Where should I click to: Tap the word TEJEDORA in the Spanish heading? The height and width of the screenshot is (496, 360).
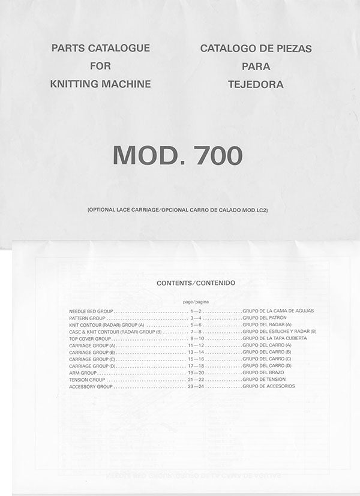256,85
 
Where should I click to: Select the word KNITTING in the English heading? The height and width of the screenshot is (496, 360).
76,85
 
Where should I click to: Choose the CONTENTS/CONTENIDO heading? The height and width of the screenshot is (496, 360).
196,282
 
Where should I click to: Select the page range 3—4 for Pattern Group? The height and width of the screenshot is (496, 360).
196,318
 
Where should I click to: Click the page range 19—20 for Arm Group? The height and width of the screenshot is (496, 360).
196,372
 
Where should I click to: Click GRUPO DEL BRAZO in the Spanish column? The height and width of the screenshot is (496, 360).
263,372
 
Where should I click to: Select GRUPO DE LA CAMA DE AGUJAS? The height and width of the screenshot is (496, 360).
278,311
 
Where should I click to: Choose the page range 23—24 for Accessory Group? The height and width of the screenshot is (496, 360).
196,386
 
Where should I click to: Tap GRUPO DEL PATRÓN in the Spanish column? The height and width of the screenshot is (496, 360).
265,318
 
